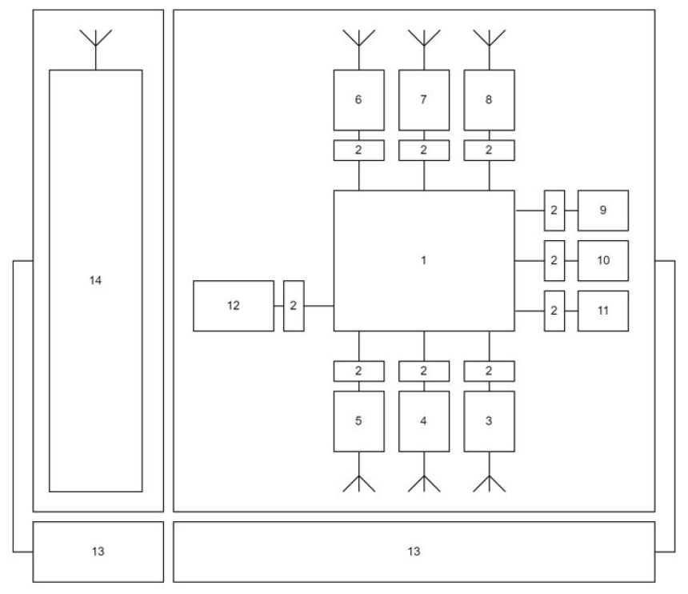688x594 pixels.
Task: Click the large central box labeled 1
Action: (423, 260)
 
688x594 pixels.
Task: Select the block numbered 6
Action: (358, 100)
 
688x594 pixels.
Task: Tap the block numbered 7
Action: (423, 100)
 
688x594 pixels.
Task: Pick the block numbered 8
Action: (489, 100)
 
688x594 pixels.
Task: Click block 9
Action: (602, 211)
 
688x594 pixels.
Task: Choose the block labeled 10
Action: (602, 260)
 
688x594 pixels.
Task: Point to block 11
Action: (602, 311)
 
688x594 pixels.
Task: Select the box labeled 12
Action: (234, 305)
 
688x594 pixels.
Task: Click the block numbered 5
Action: (358, 421)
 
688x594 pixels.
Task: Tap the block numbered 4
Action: (423, 421)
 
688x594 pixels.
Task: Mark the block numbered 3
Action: (489, 421)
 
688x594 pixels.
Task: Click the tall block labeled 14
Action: (96, 280)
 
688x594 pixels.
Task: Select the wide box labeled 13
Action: (414, 552)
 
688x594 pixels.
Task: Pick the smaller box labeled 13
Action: (98, 552)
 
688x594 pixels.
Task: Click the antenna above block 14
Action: (96, 40)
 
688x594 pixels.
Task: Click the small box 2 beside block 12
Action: (294, 305)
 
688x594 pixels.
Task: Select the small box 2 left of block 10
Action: (554, 260)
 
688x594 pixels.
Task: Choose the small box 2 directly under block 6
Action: (358, 150)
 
